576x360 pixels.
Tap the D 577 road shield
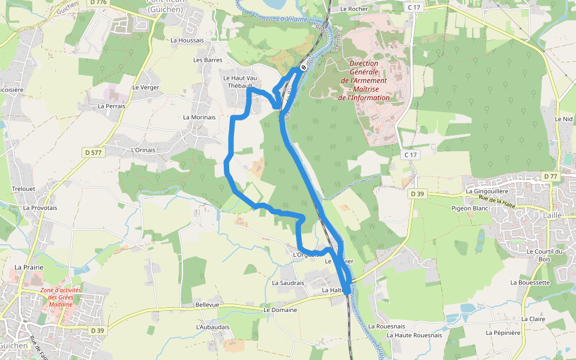tap(94, 153)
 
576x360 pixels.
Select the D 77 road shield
tap(550, 176)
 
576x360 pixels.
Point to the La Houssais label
tap(187, 41)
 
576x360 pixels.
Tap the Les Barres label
tap(208, 60)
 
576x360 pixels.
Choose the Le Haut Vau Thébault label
tap(240, 82)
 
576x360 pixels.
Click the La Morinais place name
tap(199, 118)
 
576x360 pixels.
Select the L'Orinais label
tap(143, 150)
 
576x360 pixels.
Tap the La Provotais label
tap(40, 208)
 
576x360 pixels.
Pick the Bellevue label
tap(208, 305)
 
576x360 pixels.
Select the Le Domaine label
tap(280, 310)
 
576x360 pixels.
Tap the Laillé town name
tap(553, 215)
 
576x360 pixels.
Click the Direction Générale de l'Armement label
tap(364, 80)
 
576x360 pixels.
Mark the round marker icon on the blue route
tap(303, 67)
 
